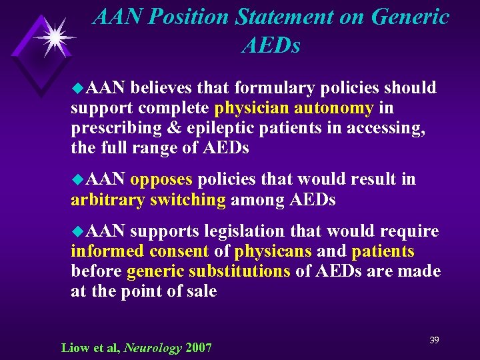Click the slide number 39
pyautogui.click(x=434, y=341)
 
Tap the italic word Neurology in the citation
pyautogui.click(x=153, y=348)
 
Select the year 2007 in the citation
pyautogui.click(x=199, y=348)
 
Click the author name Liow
pyautogui.click(x=74, y=348)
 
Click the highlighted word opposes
pyautogui.click(x=161, y=179)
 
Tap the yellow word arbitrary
pyautogui.click(x=108, y=199)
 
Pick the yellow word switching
pyautogui.click(x=189, y=199)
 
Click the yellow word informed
pyautogui.click(x=107, y=252)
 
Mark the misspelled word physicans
pyautogui.click(x=273, y=252)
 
